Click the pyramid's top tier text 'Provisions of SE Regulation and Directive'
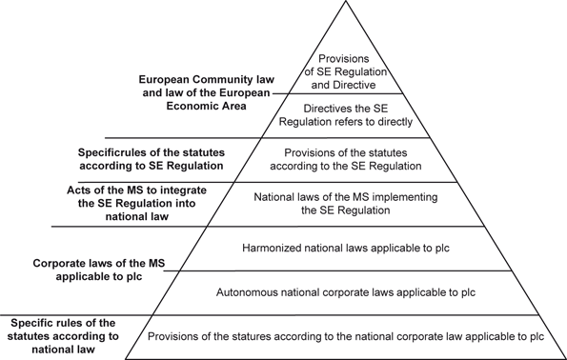[350, 70]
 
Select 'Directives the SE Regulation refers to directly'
[350, 115]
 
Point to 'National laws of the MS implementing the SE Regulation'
[348, 204]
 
